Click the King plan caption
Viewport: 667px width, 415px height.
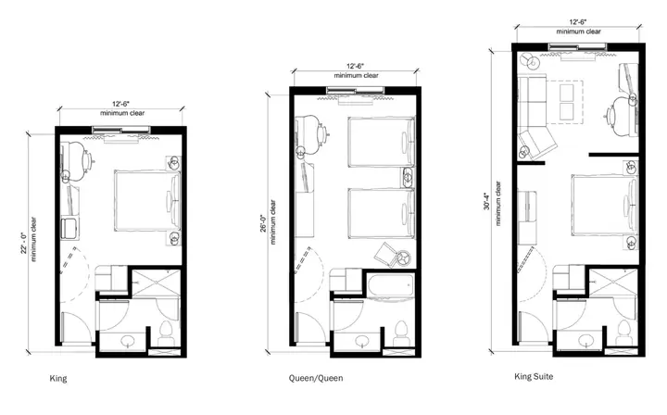(x=58, y=379)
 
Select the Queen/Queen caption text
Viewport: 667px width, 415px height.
(x=316, y=378)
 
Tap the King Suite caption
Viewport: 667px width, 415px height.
(x=534, y=376)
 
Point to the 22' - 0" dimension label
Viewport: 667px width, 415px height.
(x=24, y=243)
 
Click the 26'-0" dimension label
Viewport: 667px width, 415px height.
(x=263, y=223)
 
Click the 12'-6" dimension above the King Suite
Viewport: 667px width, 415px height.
(x=578, y=22)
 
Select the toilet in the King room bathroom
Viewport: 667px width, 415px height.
(x=166, y=333)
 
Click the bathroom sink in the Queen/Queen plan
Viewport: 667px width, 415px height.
(x=362, y=341)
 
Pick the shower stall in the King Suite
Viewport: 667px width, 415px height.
(x=613, y=282)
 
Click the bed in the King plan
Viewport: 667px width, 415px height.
(x=147, y=201)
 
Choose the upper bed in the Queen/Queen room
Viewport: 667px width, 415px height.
(x=381, y=142)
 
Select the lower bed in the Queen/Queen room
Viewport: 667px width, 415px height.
(x=381, y=213)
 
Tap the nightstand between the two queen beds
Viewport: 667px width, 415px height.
(x=407, y=177)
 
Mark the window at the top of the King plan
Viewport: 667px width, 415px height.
(x=121, y=130)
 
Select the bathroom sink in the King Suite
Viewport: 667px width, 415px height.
(x=585, y=339)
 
